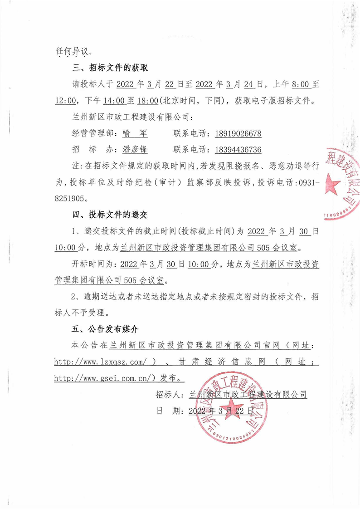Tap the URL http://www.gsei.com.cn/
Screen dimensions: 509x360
coord(105,377)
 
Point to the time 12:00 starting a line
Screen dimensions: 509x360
coord(63,100)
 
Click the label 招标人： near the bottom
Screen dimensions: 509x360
coord(169,394)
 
